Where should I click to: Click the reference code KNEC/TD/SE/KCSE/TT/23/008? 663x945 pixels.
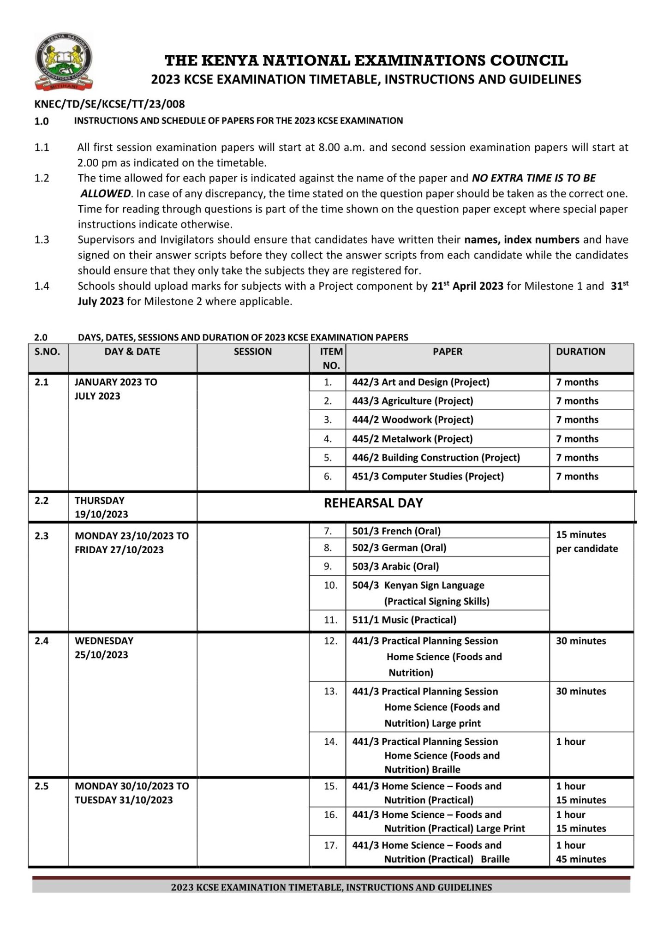click(x=109, y=104)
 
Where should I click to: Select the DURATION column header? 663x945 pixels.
click(x=580, y=352)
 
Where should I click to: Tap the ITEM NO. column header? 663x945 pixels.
click(x=331, y=358)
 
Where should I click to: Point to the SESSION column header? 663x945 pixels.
click(x=252, y=352)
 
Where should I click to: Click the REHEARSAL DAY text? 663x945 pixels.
click(x=373, y=503)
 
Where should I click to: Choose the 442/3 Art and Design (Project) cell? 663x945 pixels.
click(x=420, y=382)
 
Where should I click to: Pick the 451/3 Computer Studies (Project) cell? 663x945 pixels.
click(x=428, y=476)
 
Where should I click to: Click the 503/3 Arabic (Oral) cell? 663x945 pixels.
click(x=395, y=566)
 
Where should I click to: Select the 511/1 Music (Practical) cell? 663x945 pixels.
click(x=404, y=620)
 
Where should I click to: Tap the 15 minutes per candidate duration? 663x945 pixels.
click(x=586, y=541)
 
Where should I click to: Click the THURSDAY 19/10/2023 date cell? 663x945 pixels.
click(x=102, y=507)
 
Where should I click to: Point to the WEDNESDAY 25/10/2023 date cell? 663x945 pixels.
click(x=104, y=647)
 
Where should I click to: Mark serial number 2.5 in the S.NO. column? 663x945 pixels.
click(x=42, y=786)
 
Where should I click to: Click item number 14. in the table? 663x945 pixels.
click(x=330, y=742)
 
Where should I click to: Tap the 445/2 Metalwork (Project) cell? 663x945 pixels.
click(x=412, y=439)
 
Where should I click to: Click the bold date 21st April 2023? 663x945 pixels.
click(x=467, y=286)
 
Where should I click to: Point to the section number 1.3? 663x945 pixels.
click(x=42, y=239)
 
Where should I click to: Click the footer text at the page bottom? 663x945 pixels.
click(x=331, y=887)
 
